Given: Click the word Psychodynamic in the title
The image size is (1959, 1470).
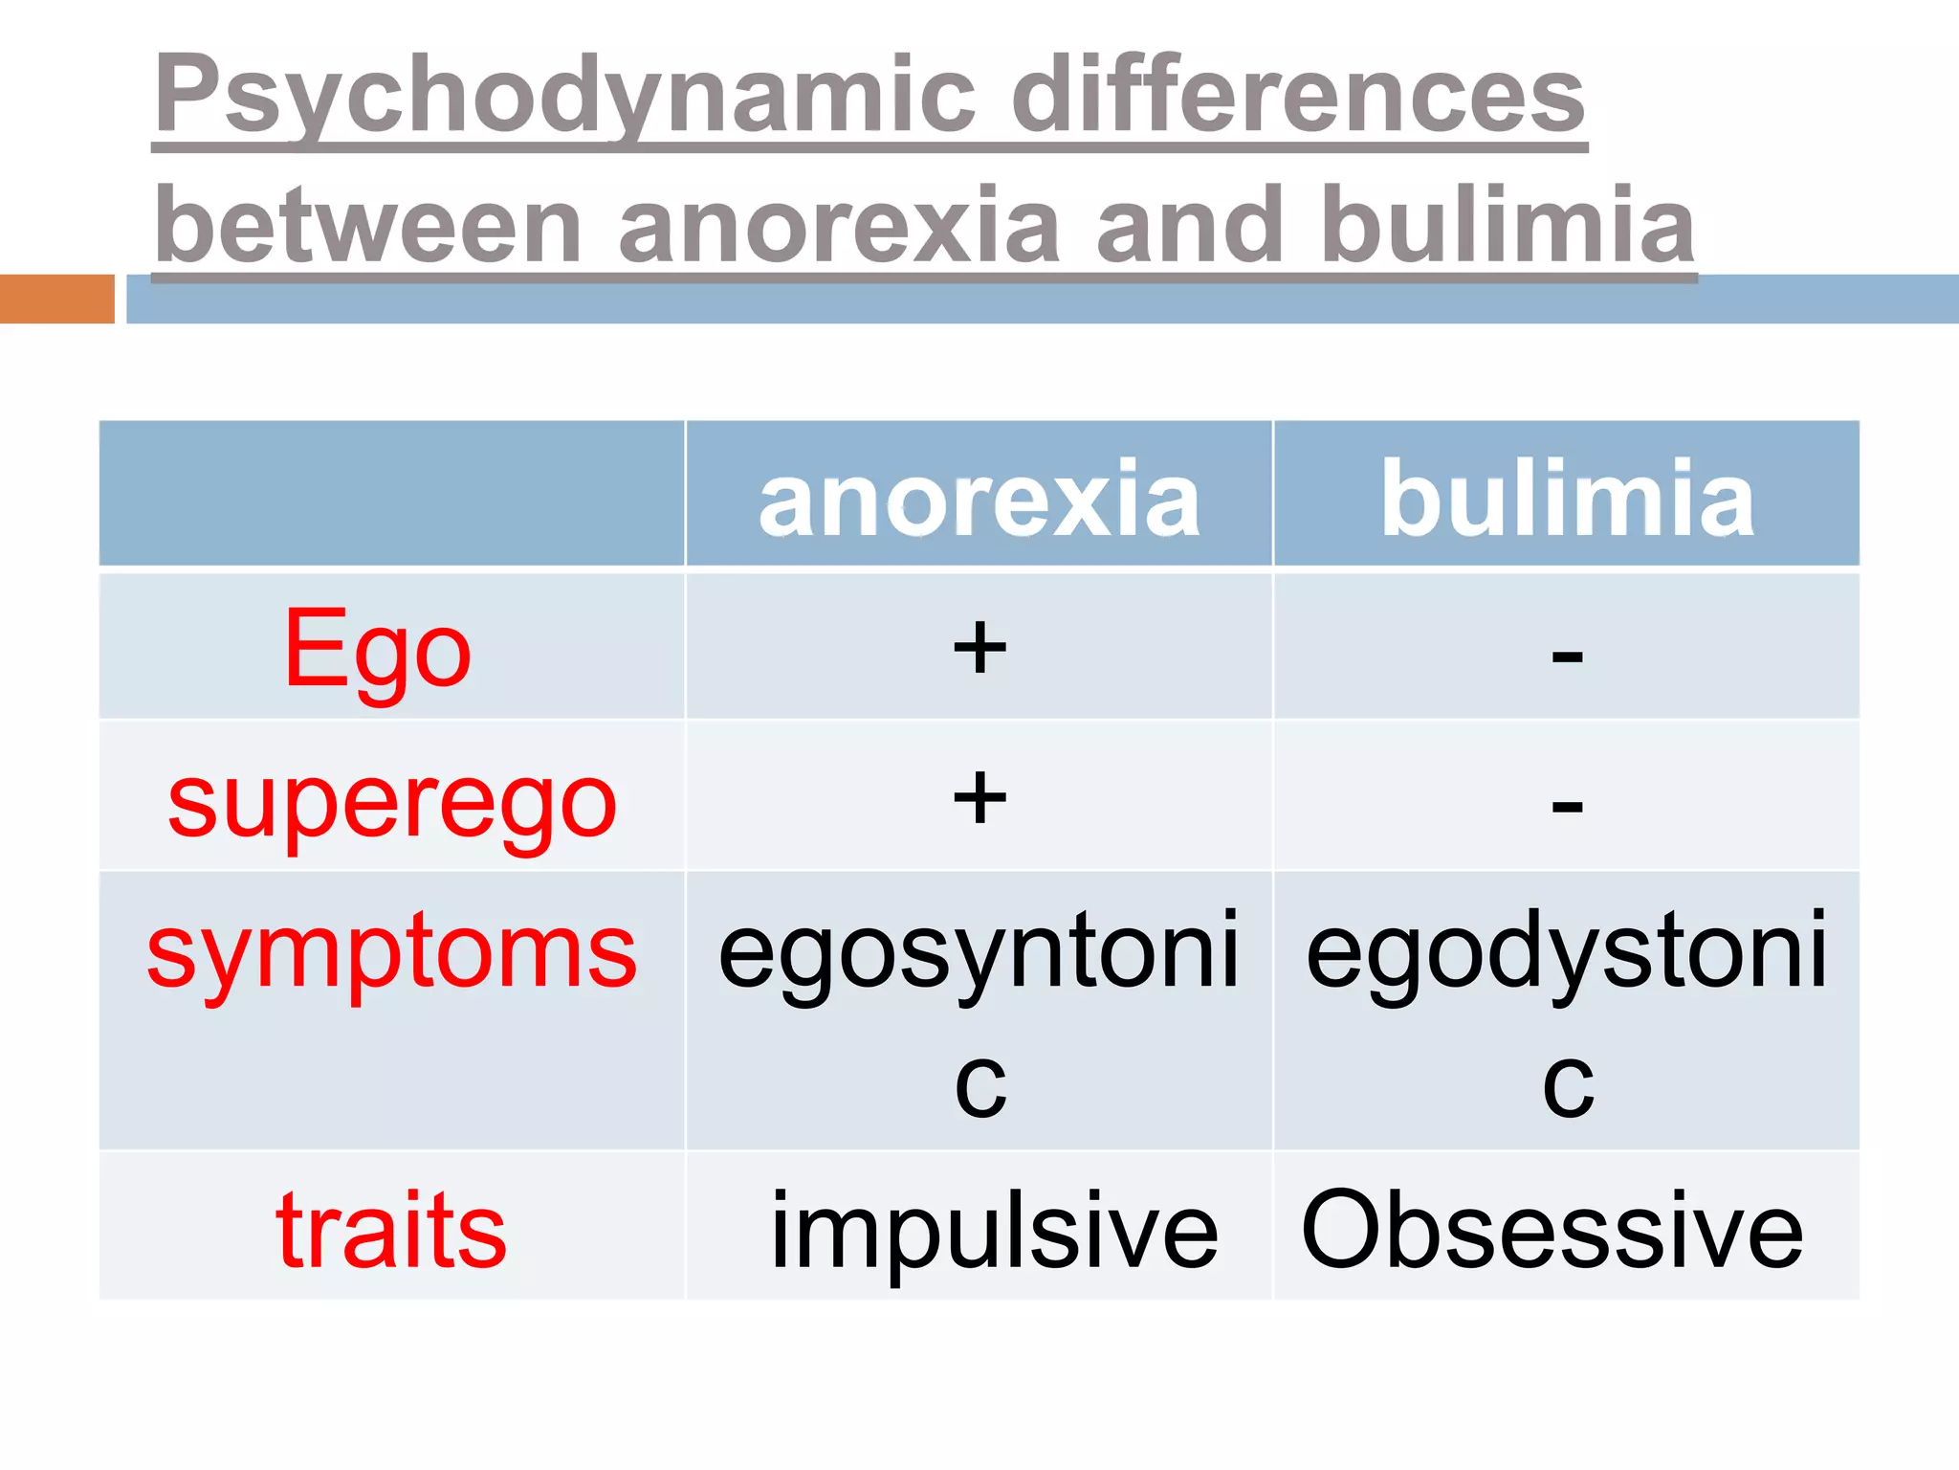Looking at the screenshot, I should click(x=564, y=96).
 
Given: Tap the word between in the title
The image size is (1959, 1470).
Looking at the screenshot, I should click(x=368, y=226).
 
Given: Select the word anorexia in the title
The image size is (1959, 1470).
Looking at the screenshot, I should click(x=839, y=226).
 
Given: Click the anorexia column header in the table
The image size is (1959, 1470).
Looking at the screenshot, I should click(x=979, y=499).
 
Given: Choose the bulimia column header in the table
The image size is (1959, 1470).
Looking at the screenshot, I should click(x=1567, y=499).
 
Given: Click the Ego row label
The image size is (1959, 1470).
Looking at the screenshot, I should click(x=378, y=651).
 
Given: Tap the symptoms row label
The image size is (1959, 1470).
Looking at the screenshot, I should click(x=392, y=952).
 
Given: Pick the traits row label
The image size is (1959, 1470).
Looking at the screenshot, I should click(x=391, y=1230).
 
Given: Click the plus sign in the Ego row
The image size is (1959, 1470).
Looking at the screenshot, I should click(x=979, y=648).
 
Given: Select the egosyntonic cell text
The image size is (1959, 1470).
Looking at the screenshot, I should click(x=979, y=952).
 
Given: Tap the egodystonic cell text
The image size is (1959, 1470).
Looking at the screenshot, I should click(x=1567, y=952).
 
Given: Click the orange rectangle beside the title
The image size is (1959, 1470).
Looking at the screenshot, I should click(x=57, y=299).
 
